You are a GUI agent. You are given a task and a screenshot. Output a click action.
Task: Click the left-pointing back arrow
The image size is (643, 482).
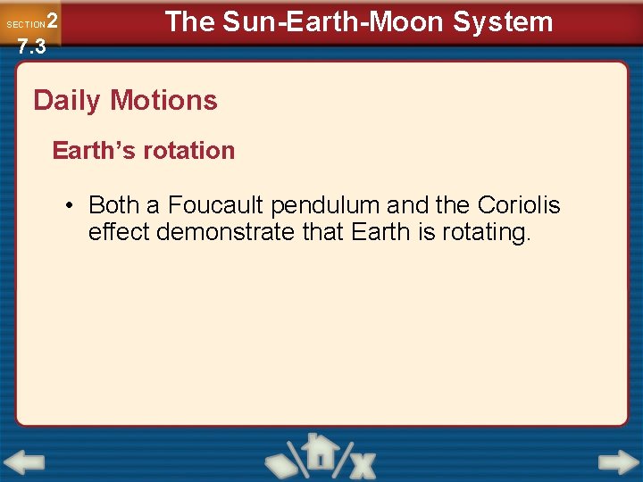click(x=24, y=462)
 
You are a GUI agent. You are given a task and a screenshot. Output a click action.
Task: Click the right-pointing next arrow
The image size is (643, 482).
click(x=618, y=462)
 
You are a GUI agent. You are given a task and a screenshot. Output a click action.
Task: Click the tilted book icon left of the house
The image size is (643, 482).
click(x=283, y=460)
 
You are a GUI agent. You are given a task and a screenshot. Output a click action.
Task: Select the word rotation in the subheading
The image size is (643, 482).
click(x=192, y=151)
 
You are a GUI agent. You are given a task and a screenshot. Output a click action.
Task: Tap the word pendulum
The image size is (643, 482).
click(x=326, y=205)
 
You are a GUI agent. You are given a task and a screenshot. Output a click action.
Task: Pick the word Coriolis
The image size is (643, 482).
click(x=519, y=205)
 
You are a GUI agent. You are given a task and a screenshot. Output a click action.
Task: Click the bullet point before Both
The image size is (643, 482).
click(x=70, y=206)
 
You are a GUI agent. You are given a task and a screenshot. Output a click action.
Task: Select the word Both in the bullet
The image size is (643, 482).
click(x=113, y=205)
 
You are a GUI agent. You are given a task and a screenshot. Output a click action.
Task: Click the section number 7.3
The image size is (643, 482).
click(x=31, y=46)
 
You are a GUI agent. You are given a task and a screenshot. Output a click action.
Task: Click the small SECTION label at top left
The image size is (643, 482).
click(x=25, y=24)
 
